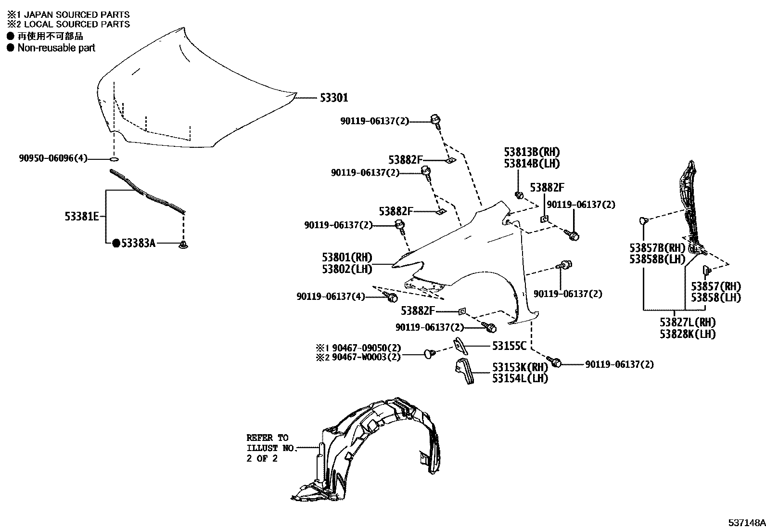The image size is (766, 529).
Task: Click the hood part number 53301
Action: coord(333,98)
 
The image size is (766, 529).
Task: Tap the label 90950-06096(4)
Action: coord(53,158)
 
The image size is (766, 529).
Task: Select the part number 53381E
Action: coord(82,217)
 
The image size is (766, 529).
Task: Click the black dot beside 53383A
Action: coord(116,244)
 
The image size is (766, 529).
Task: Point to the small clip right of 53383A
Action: coord(183,245)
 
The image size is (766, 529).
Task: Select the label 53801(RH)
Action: coord(347,258)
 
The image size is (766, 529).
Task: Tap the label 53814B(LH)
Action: coord(532,164)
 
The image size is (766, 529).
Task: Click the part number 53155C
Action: coord(509,346)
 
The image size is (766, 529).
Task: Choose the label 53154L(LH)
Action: coord(520,378)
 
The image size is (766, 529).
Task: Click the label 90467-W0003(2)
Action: coord(366,357)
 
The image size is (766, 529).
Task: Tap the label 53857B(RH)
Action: coord(657,248)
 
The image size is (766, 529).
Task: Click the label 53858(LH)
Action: coord(715,298)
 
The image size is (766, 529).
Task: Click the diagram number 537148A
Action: coord(746,522)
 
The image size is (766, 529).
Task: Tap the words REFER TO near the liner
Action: coord(267,438)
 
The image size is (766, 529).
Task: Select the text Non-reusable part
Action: coord(56,48)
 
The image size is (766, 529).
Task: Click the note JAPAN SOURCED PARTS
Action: coord(77,15)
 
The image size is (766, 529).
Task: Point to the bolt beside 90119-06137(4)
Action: coord(392,297)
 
